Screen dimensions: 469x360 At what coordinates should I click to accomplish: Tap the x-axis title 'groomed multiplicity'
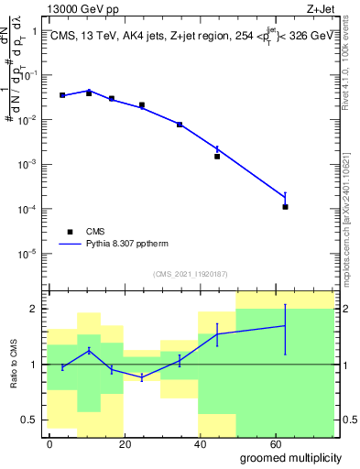pos(291,457)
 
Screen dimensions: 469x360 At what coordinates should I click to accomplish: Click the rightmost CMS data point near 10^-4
pos(286,207)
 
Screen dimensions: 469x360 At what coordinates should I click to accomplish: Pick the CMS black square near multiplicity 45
pos(217,157)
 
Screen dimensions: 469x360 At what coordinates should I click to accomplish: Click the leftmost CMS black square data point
pos(62,95)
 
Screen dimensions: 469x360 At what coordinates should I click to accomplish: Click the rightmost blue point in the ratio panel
pos(286,326)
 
